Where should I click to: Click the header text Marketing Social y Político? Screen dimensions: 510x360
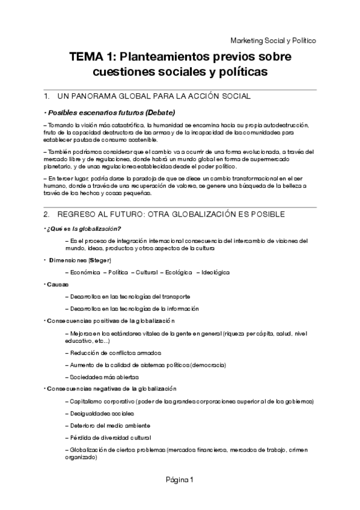pyautogui.click(x=273, y=40)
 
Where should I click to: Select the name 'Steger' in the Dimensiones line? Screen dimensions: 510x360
pyautogui.click(x=100, y=260)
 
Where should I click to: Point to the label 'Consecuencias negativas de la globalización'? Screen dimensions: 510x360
pyautogui.click(x=112, y=389)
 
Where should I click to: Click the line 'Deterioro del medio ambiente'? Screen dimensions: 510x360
pyautogui.click(x=108, y=426)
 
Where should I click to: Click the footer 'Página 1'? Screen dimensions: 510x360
pyautogui.click(x=180, y=479)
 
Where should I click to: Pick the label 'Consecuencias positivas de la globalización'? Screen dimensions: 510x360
pyautogui.click(x=111, y=321)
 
